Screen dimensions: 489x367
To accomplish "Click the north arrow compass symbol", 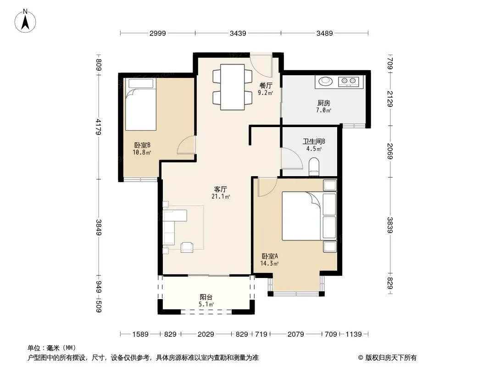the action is (25, 21).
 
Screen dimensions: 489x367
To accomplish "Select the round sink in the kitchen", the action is (326, 81).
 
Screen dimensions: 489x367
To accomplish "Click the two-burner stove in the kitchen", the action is (349, 82).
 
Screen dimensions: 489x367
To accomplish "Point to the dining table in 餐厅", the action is (232, 87).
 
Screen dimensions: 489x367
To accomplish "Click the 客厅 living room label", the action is (221, 189).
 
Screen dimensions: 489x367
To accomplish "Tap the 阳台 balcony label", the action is (206, 297).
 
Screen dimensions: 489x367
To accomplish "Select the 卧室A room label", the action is (270, 256).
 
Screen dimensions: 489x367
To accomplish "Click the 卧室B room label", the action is (142, 145).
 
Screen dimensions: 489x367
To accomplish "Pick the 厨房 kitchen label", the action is (324, 103).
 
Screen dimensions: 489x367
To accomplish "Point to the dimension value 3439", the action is (238, 33).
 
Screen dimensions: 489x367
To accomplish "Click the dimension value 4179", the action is (99, 127).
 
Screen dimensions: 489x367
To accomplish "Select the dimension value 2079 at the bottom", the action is (295, 334).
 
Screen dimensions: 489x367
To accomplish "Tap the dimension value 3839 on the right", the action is (390, 225).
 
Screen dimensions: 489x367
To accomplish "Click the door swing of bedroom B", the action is (186, 145).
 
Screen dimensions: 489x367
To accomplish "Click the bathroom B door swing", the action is (292, 158).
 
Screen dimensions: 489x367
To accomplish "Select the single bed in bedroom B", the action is (141, 104).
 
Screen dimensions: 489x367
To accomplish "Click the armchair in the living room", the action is (187, 247).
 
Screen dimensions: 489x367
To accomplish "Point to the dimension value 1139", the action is (354, 334).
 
